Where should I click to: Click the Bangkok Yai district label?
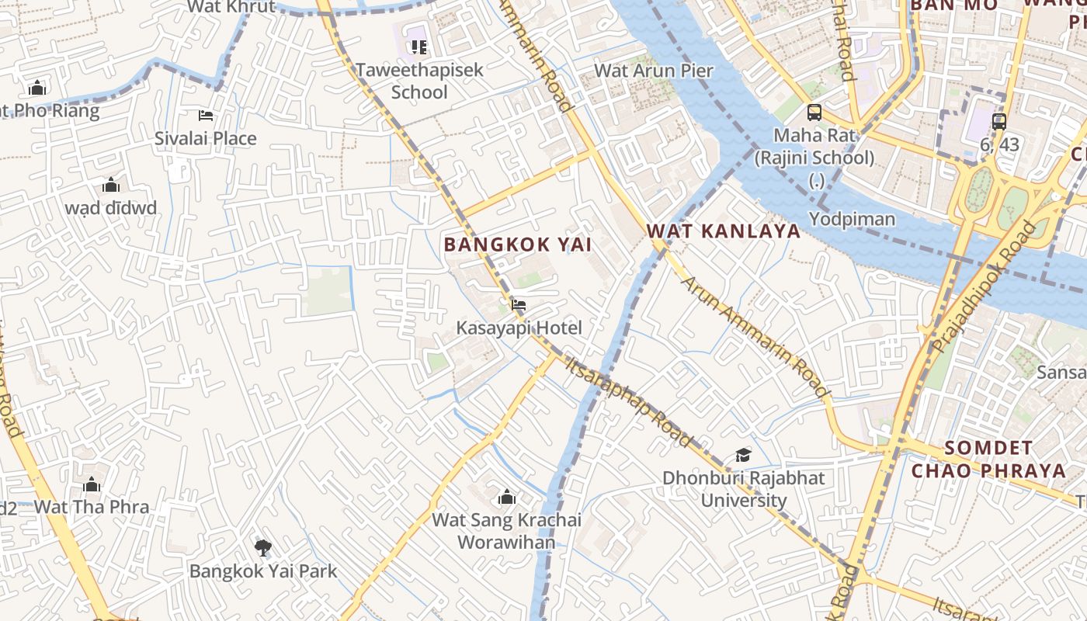517,245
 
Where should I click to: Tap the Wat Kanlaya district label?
723,231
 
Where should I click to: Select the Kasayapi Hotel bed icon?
519,304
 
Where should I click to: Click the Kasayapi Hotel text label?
519,328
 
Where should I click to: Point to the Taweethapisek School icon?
419,47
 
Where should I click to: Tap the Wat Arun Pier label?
653,71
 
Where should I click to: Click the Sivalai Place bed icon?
206,116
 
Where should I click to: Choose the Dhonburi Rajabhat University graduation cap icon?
743,455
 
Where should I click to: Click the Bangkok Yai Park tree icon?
263,548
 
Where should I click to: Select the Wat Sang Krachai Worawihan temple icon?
507,497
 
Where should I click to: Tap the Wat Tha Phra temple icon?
92,485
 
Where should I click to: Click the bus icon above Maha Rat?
814,113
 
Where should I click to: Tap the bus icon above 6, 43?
998,121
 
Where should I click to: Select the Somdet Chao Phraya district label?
988,460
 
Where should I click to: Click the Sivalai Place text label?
205,139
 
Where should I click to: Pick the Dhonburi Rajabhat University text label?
743,489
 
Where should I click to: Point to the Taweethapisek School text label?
419,81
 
